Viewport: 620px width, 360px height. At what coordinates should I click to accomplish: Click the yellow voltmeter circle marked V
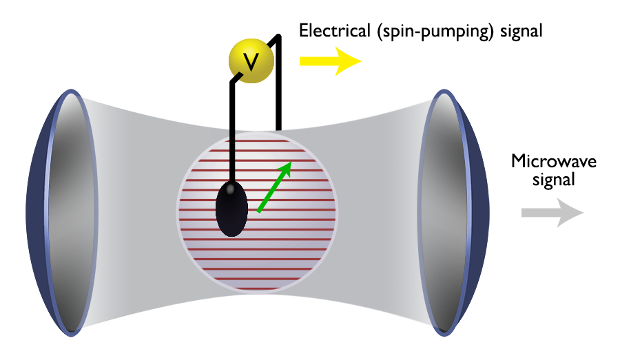tap(251, 61)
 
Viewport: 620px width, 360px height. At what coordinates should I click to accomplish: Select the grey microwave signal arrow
tap(551, 212)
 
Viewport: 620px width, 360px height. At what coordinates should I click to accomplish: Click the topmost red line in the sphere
tap(258, 140)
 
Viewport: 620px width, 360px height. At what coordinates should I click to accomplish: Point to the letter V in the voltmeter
tap(251, 62)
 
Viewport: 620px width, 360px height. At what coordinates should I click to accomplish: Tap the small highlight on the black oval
tap(232, 187)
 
